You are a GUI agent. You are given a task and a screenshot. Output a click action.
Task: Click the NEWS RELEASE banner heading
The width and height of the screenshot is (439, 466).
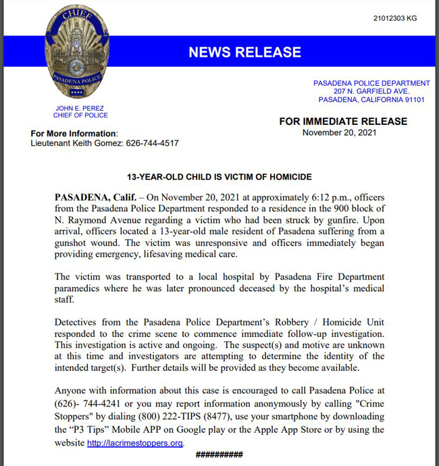click(244, 52)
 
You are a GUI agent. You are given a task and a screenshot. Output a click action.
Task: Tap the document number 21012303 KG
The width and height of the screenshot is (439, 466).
click(394, 18)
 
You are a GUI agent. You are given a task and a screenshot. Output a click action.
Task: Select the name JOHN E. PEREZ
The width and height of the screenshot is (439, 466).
click(80, 108)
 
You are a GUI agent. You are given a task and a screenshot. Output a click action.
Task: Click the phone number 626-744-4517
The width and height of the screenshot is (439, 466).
click(152, 143)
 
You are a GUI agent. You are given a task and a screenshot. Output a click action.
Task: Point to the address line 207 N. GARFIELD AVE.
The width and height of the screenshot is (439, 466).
click(371, 91)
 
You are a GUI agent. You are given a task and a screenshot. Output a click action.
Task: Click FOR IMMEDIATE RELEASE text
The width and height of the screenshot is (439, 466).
click(343, 122)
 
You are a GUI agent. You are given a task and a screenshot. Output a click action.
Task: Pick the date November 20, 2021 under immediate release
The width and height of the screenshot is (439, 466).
click(339, 132)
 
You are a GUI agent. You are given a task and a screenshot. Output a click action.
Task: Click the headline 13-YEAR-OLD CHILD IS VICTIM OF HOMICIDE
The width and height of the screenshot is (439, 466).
click(219, 177)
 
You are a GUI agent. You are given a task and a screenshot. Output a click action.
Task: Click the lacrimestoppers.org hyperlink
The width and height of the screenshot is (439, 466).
click(135, 443)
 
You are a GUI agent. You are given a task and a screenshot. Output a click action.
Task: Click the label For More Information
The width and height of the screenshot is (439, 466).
click(74, 134)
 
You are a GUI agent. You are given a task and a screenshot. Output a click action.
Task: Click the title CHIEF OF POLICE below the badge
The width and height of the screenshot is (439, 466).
click(80, 115)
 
